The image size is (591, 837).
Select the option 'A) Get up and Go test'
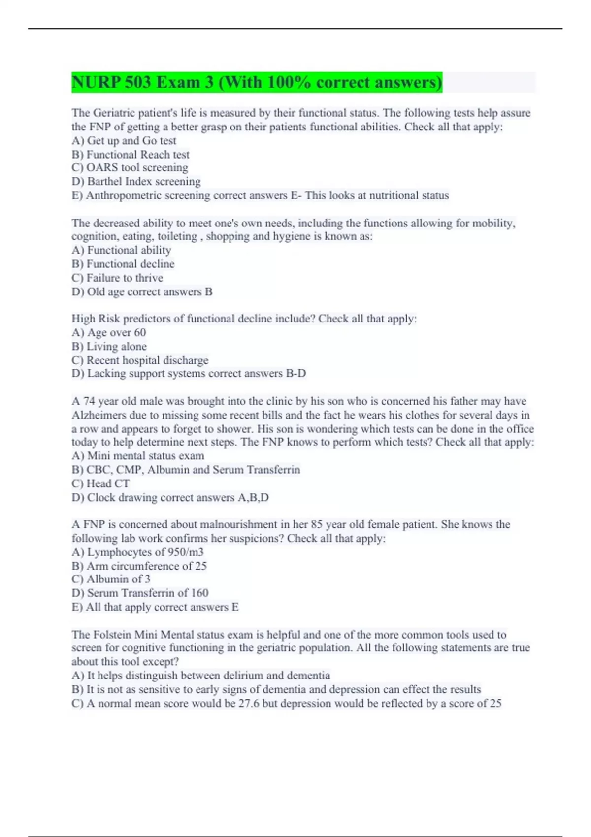[124, 141]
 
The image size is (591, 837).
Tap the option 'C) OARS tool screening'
[130, 168]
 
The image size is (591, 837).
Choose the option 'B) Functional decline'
[123, 264]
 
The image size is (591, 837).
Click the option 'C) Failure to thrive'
[117, 278]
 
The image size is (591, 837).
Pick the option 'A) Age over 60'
[109, 332]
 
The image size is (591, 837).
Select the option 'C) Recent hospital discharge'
[140, 360]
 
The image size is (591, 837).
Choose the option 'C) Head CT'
[100, 483]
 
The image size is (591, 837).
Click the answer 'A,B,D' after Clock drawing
[253, 497]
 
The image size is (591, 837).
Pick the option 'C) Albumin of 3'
[111, 579]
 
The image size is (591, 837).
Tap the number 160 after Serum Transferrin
[199, 593]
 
